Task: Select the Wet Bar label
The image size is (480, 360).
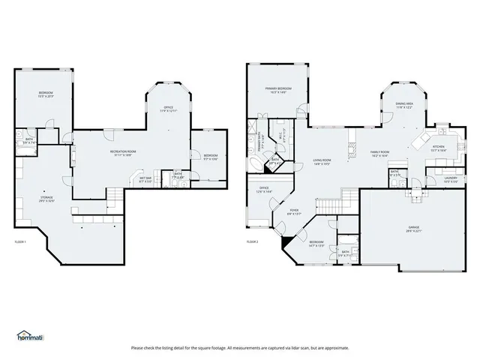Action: pyautogui.click(x=145, y=179)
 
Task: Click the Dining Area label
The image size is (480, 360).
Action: pyautogui.click(x=404, y=106)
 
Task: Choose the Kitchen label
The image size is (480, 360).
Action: pyautogui.click(x=439, y=148)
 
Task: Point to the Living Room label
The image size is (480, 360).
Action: pyautogui.click(x=322, y=161)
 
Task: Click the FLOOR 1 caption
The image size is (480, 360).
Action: pyautogui.click(x=20, y=241)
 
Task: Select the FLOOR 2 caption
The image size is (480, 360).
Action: pyautogui.click(x=253, y=241)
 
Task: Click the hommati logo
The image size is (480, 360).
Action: pyautogui.click(x=31, y=335)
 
